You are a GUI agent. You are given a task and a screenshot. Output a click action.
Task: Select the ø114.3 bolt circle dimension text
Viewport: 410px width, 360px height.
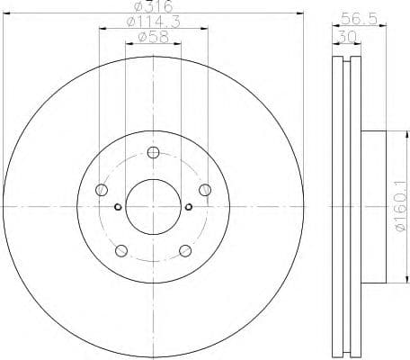tap(150, 22)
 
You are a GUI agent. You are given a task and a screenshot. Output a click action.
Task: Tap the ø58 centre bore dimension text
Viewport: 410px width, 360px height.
tap(150, 38)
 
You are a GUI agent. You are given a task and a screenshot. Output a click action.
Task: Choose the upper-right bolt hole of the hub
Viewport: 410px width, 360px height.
tap(205, 189)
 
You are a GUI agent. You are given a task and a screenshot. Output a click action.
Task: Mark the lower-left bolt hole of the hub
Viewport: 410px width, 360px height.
tap(120, 250)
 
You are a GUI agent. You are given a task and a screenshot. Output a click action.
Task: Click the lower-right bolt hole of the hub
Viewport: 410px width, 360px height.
tap(185, 250)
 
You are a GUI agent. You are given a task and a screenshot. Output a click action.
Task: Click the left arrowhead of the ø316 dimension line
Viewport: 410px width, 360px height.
tap(7, 13)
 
